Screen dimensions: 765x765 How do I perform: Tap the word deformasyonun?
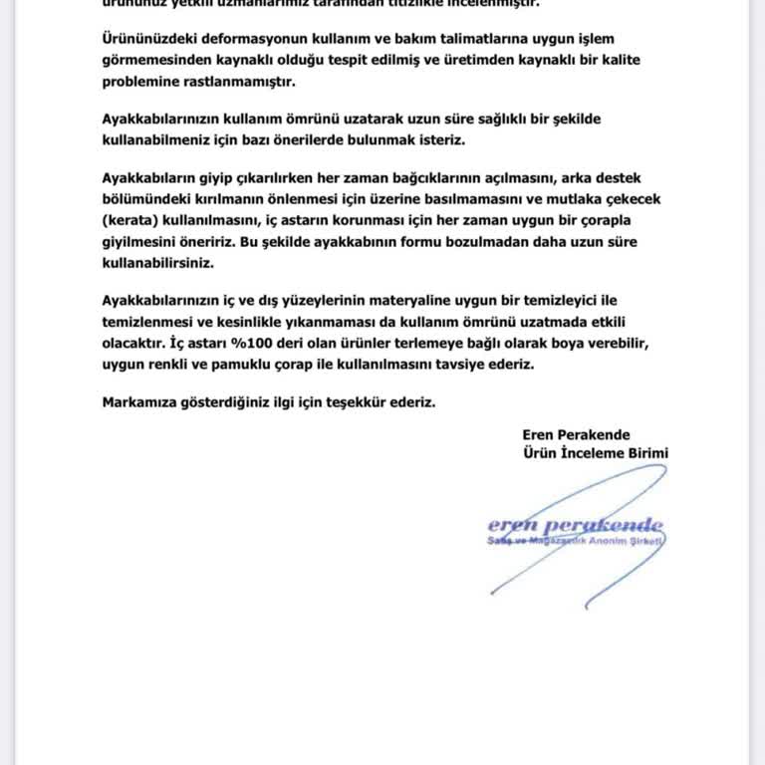point(241,38)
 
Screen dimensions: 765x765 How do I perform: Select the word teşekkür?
point(369,402)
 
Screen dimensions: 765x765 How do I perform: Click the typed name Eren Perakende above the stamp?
point(576,434)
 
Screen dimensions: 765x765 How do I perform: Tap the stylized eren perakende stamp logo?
point(575,525)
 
